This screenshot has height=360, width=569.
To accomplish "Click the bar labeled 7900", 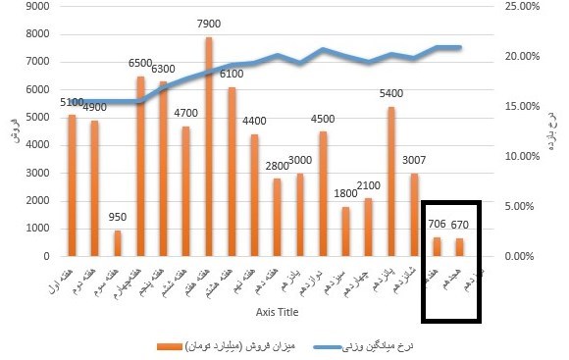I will tap(209, 147).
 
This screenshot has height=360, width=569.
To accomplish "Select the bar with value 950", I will tap(118, 243).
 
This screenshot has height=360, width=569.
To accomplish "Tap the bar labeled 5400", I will tap(391, 181).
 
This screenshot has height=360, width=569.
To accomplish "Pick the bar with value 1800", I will tap(345, 231).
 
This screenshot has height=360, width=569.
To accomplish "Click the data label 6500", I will tap(140, 64).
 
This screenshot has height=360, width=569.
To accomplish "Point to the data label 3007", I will tap(414, 161).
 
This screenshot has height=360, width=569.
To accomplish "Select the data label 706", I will tap(437, 225).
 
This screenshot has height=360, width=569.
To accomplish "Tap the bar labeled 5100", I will tap(72, 185).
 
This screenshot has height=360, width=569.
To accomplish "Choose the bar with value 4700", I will tap(186, 191).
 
